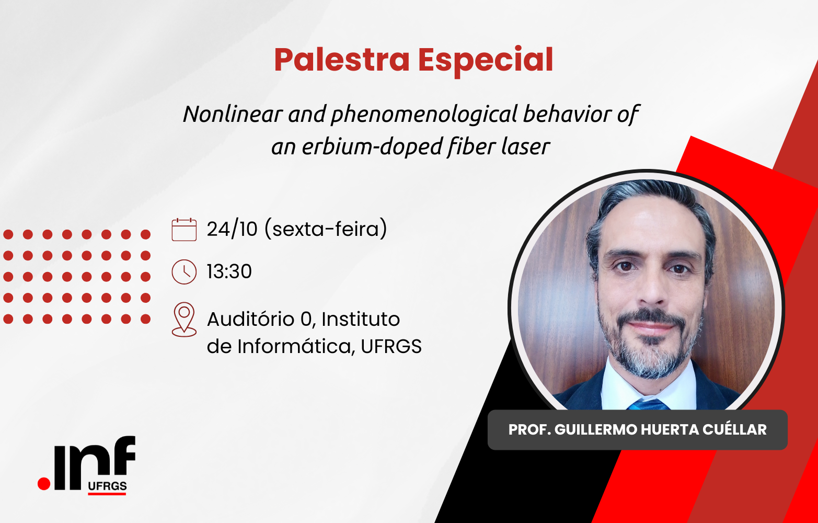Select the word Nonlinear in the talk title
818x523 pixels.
click(x=233, y=113)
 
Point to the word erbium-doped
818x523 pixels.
click(x=372, y=146)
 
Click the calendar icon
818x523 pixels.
click(x=184, y=230)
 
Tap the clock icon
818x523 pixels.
click(x=184, y=272)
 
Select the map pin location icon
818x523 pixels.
click(x=184, y=319)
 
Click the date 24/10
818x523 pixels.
click(x=232, y=229)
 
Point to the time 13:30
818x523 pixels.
click(x=229, y=271)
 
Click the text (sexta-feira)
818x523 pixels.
click(x=326, y=229)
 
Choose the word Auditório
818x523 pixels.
click(x=251, y=319)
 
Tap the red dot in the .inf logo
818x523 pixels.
click(x=44, y=484)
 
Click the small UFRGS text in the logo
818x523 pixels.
click(x=107, y=486)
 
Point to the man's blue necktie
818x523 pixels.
click(x=649, y=404)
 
